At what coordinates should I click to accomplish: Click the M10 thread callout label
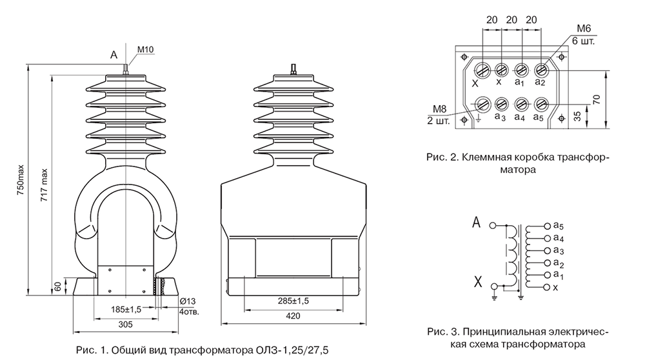(145, 50)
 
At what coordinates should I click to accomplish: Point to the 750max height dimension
(21, 180)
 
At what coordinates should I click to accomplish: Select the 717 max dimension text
(45, 185)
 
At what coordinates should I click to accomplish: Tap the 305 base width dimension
(126, 325)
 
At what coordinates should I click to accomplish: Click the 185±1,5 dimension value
(126, 309)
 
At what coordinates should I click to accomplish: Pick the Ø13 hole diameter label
(188, 301)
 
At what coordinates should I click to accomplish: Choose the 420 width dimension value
(293, 316)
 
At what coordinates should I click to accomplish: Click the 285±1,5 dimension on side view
(293, 301)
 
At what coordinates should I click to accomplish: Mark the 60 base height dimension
(58, 286)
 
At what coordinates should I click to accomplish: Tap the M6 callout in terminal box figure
(584, 28)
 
